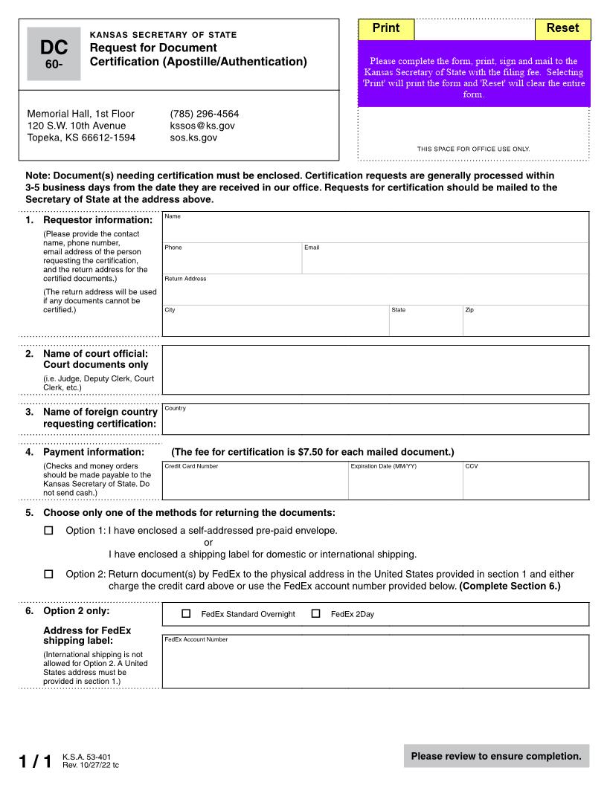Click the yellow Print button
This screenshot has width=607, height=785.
point(386,29)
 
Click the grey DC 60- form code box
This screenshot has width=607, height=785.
point(54,54)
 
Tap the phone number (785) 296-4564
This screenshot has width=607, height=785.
point(205,114)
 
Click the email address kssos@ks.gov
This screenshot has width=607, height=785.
point(202,126)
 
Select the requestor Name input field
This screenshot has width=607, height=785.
point(376,227)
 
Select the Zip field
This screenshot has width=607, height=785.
point(525,321)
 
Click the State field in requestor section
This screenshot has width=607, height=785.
point(425,321)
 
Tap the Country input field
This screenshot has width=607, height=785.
point(376,420)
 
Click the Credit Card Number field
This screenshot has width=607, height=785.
point(255,481)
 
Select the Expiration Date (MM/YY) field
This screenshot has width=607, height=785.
point(405,481)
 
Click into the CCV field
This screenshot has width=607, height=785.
point(525,481)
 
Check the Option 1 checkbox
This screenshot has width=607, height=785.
point(49,531)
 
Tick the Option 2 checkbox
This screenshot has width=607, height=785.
point(49,574)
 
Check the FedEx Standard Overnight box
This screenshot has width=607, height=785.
point(186,614)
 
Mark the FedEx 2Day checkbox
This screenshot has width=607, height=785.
point(315,614)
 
